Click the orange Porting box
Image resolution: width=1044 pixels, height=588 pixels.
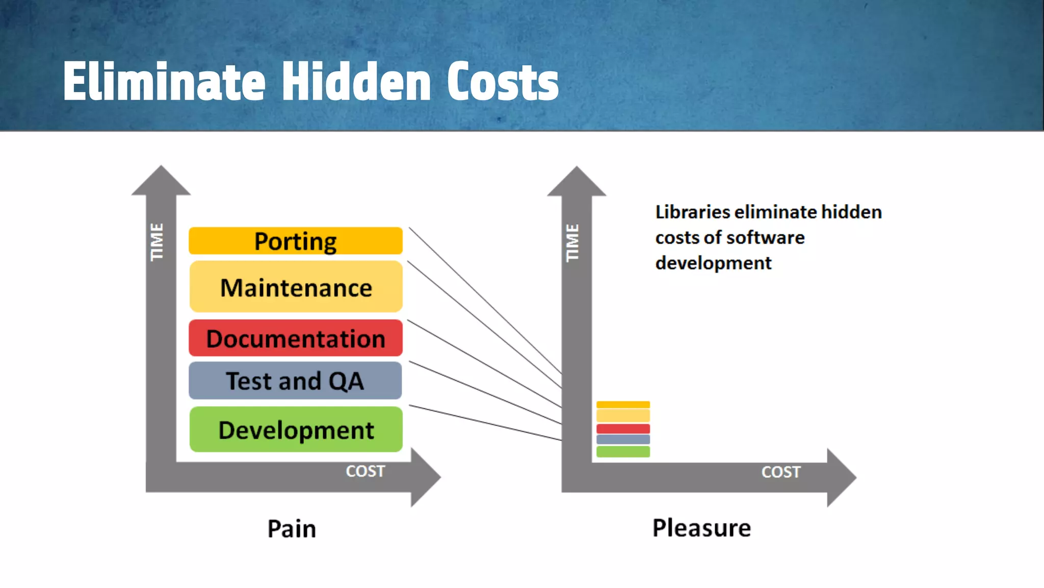[x=295, y=241]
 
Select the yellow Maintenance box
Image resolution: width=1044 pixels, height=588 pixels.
[x=296, y=287]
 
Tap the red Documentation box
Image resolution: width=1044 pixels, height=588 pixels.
[x=296, y=338]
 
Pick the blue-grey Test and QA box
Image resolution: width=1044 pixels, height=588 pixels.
[x=295, y=381]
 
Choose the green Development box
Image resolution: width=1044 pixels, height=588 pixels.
[x=296, y=430]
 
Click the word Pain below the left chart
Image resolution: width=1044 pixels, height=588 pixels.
[x=292, y=529]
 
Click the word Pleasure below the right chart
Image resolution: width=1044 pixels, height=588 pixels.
[x=701, y=528]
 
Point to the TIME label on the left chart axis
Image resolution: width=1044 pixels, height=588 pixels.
[x=157, y=242]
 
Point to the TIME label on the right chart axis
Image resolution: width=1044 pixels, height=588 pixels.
[x=573, y=243]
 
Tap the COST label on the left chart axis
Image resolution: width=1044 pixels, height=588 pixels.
[x=366, y=471]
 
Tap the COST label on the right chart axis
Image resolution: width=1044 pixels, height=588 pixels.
[x=781, y=472]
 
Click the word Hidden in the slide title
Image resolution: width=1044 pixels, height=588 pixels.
[x=356, y=82]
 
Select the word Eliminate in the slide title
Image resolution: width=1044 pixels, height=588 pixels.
[x=164, y=82]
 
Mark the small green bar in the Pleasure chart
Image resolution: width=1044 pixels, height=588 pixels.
[x=623, y=452]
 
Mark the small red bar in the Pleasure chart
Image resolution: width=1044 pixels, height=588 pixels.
[x=623, y=429]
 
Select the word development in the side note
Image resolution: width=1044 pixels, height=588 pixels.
[x=713, y=263]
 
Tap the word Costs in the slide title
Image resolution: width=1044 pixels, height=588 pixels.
[x=503, y=82]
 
